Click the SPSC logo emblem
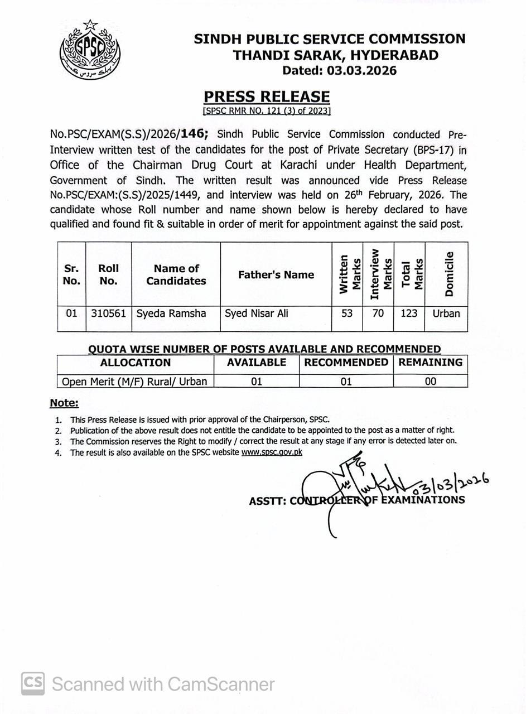[90, 50]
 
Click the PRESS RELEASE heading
[266, 97]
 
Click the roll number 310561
[108, 313]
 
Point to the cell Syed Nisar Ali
[257, 313]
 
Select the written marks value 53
[347, 313]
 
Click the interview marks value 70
[378, 313]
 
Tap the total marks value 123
[409, 313]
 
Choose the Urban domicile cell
[446, 313]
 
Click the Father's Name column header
[276, 274]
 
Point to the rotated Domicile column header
[448, 274]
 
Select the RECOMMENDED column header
[346, 363]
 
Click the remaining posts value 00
[430, 382]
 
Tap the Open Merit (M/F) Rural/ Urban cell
[134, 382]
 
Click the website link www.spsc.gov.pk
[272, 452]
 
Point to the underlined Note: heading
[64, 403]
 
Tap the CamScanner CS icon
[33, 684]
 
